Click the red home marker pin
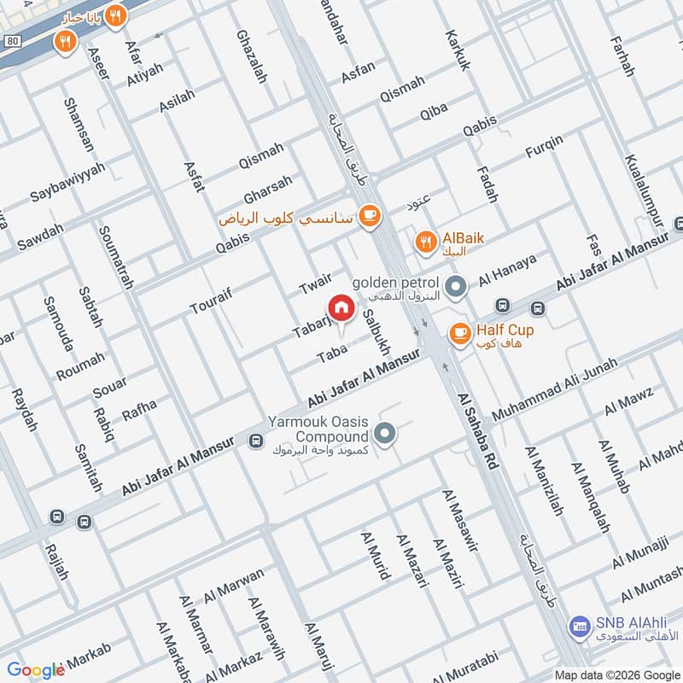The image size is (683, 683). tap(341, 307)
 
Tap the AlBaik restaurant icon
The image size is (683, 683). tap(424, 242)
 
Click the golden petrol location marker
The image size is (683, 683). tap(456, 286)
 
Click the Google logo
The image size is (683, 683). tap(36, 670)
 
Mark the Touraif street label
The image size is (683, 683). tap(210, 301)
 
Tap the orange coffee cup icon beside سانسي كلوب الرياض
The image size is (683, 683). tap(369, 214)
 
